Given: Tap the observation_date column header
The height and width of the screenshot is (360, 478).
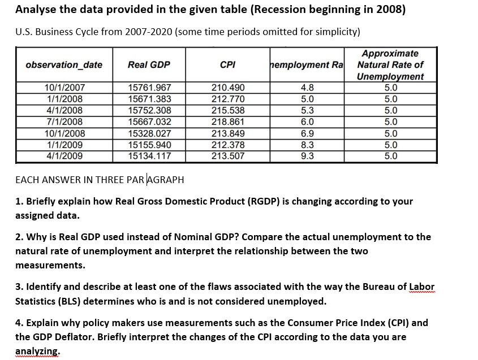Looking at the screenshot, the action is point(64,64).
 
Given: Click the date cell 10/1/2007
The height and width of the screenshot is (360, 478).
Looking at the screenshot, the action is point(64,88).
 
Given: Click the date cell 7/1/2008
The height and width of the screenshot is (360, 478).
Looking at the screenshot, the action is point(64,122).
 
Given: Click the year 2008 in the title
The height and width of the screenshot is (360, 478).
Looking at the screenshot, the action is point(386,10).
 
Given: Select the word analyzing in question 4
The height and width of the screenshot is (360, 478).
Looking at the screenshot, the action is point(37,350).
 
